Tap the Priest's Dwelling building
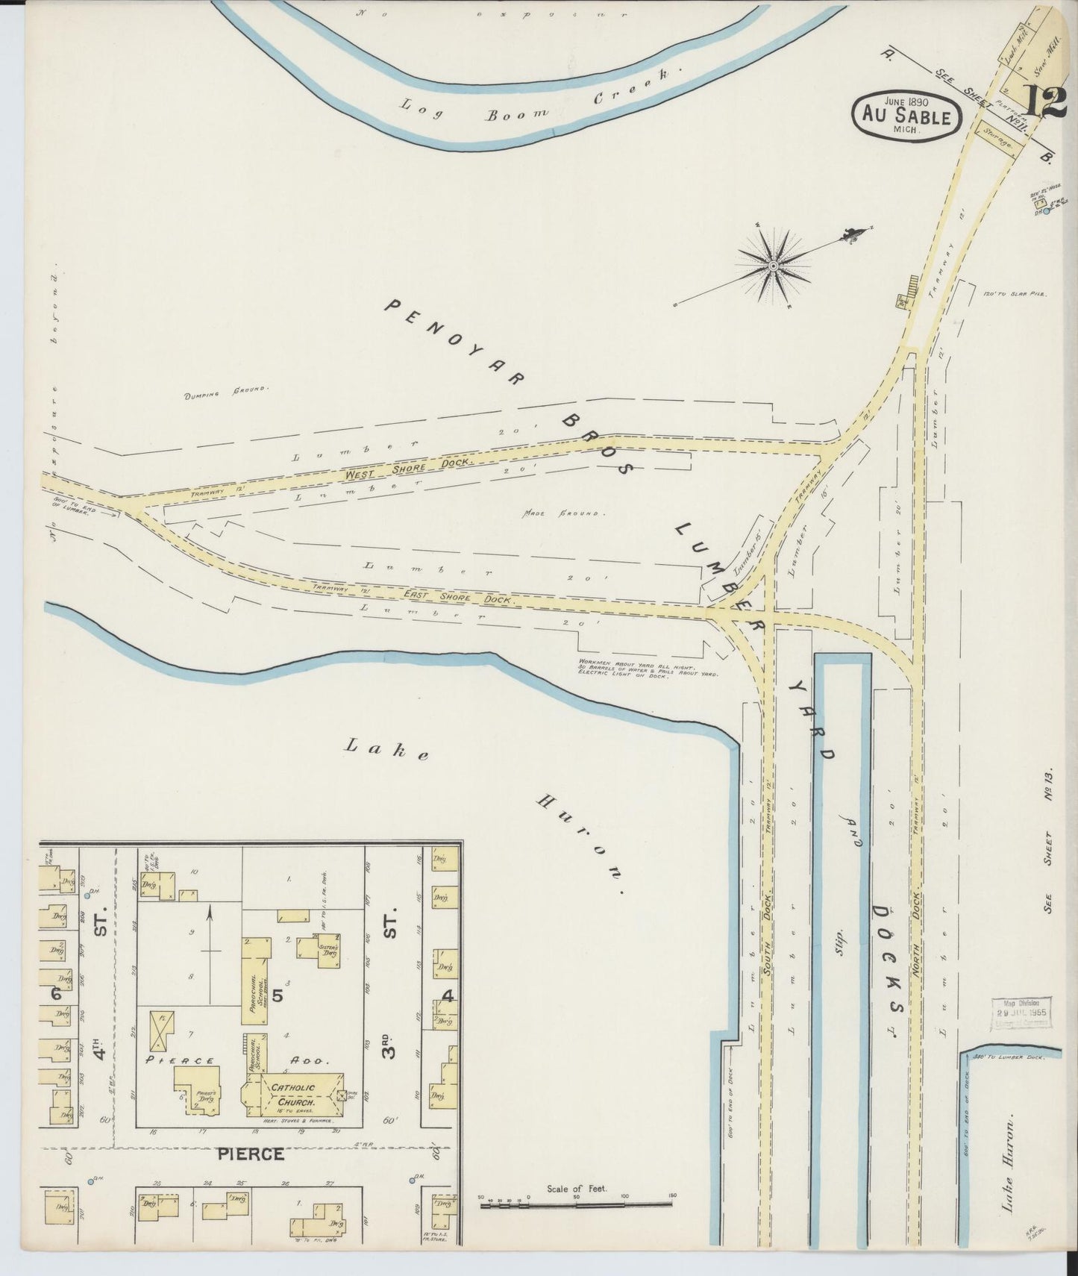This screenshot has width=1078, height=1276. pos(197,1089)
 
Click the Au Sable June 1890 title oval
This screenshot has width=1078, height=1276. pos(906,116)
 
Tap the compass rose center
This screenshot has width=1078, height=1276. pos(774,265)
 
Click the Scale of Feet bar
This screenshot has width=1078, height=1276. pos(577,1203)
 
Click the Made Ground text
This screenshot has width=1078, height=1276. pos(565,513)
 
